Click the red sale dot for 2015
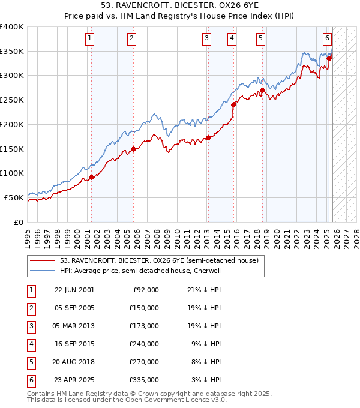pos(233,104)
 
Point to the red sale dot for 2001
pos(92,177)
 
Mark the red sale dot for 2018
pos(262,90)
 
